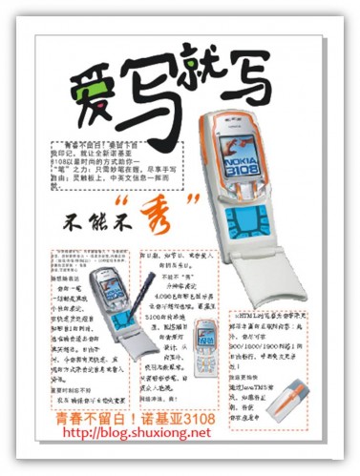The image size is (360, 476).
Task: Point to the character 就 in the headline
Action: pos(212,76)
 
